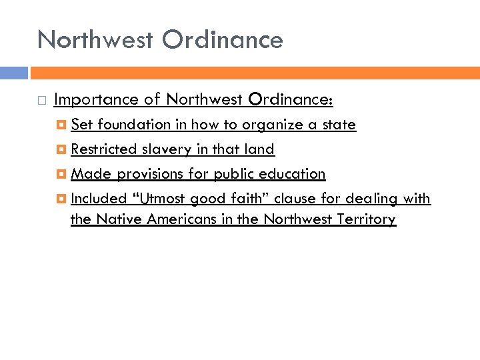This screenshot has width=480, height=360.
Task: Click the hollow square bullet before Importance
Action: [41, 101]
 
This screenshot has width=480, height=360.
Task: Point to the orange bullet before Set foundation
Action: [62, 125]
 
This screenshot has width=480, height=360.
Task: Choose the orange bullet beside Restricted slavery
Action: [62, 149]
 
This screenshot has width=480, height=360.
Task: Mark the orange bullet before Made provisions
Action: [62, 174]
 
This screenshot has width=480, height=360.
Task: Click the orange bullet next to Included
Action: [62, 199]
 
